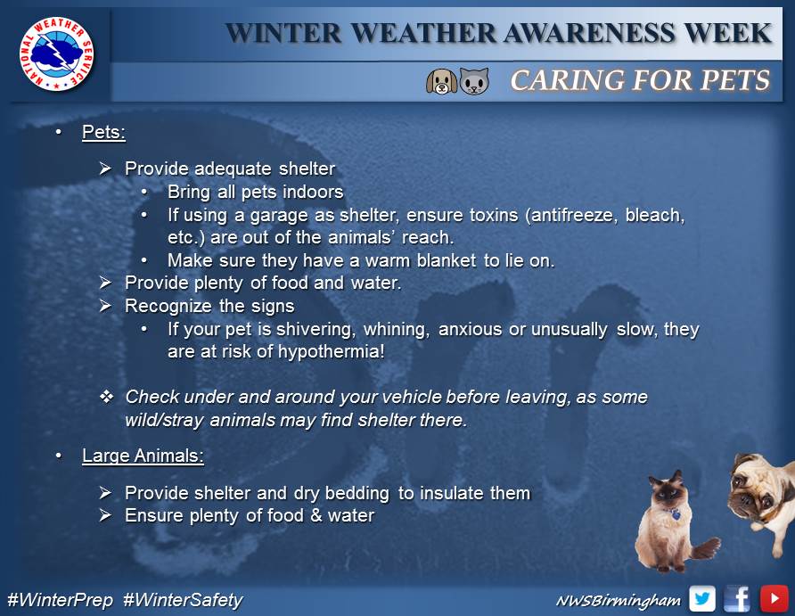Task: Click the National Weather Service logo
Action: tap(57, 54)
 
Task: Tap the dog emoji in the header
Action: tap(441, 82)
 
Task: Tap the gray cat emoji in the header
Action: tap(474, 82)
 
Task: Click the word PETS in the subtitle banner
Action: tap(734, 80)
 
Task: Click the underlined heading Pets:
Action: tap(103, 132)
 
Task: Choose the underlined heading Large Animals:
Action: tap(143, 456)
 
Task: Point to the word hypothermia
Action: tap(331, 351)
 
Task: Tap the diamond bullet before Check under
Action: tap(106, 397)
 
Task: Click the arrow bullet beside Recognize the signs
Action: tap(105, 305)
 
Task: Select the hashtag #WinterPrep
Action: tap(60, 600)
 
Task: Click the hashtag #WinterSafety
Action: tap(183, 600)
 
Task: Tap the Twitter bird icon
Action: tap(702, 599)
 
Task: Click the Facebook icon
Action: tap(737, 599)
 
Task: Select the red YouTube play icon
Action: tap(774, 599)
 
